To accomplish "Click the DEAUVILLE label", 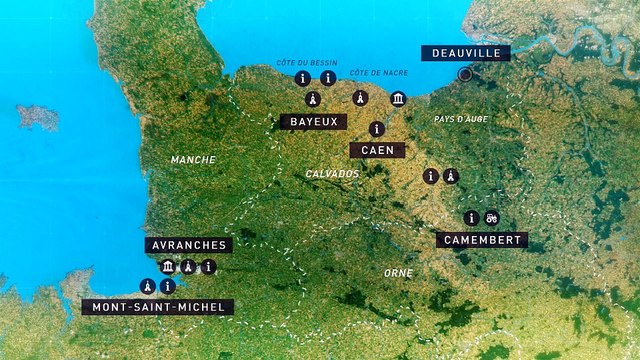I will pyautogui.click(x=466, y=53).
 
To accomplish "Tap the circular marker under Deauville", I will pyautogui.click(x=464, y=74).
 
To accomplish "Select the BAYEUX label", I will pyautogui.click(x=312, y=121).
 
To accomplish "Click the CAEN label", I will pyautogui.click(x=377, y=150).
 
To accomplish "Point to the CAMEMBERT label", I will pyautogui.click(x=481, y=240).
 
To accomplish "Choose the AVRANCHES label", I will pyautogui.click(x=189, y=244).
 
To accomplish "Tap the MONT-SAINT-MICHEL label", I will pyautogui.click(x=158, y=307).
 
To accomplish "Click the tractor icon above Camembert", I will pyautogui.click(x=491, y=217).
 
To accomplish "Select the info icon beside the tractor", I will pyautogui.click(x=470, y=217).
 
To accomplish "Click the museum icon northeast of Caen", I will pyautogui.click(x=398, y=98).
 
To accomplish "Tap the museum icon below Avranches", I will pyautogui.click(x=168, y=267).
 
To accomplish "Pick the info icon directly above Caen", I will pyautogui.click(x=376, y=128).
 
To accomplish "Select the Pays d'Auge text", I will pyautogui.click(x=461, y=119).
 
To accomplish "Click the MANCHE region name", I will pyautogui.click(x=193, y=160).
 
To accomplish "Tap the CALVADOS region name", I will pyautogui.click(x=332, y=174).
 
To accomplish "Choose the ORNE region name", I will pyautogui.click(x=399, y=272).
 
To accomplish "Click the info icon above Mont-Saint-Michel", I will pyautogui.click(x=167, y=286).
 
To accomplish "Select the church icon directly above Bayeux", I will pyautogui.click(x=312, y=99).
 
